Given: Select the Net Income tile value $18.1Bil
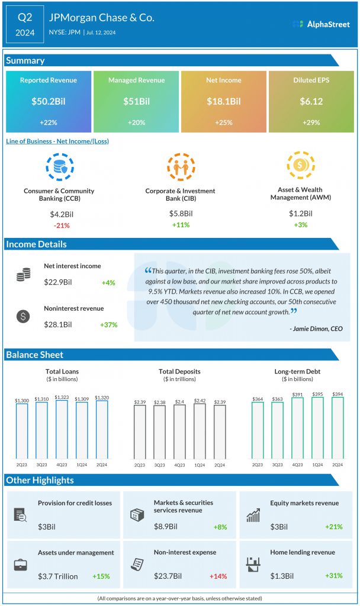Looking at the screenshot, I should [224, 101].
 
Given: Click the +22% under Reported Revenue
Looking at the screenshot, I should [49, 122].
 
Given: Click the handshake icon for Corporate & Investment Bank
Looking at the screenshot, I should [180, 167].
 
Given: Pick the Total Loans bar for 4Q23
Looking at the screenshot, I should [62, 430].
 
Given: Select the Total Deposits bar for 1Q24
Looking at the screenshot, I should [200, 431].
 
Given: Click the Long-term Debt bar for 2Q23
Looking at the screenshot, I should [258, 431].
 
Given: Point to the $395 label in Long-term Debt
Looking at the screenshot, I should [317, 394].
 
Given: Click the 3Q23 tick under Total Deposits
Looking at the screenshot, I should [159, 465].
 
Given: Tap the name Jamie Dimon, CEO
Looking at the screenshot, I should [316, 328].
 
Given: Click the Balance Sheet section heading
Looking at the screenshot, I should [35, 355].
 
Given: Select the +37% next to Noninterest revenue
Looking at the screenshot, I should [109, 324].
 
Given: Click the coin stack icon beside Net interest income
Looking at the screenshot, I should [24, 275].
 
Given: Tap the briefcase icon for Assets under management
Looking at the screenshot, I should [21, 565].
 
